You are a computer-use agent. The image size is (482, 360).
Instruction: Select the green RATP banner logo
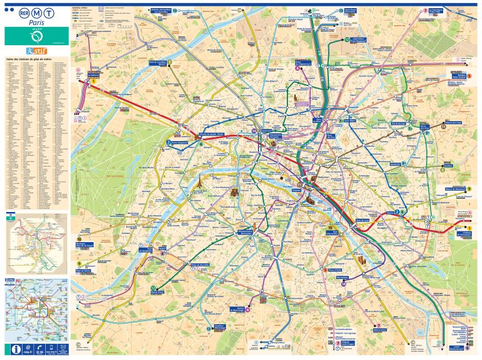coord(36,36)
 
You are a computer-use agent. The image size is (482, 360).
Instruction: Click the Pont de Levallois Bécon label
coord(160,63)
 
